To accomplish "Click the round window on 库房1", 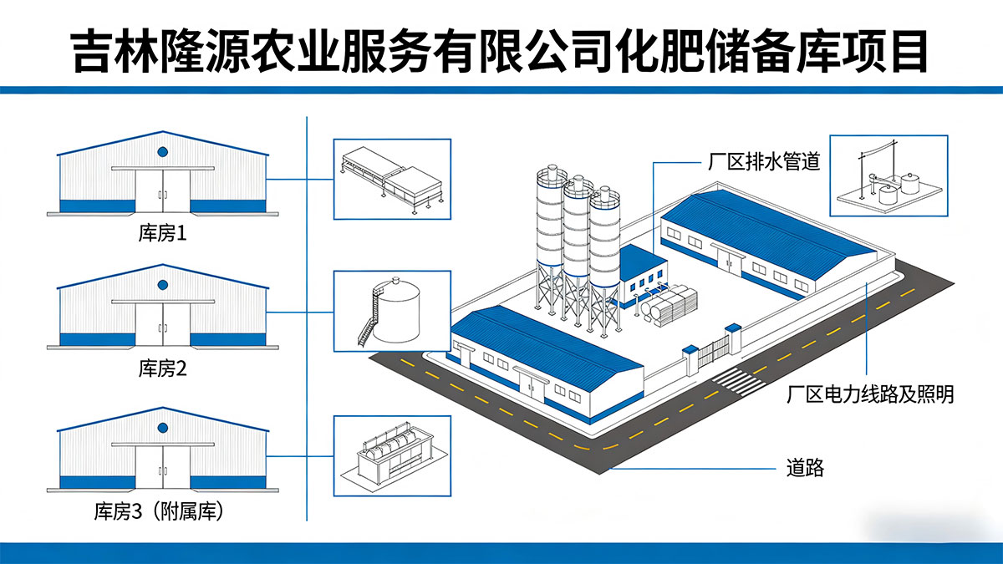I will [x=163, y=152].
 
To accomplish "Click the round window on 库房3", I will [x=163, y=426].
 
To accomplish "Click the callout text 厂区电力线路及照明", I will [x=870, y=394].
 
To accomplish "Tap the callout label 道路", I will [x=805, y=468].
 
